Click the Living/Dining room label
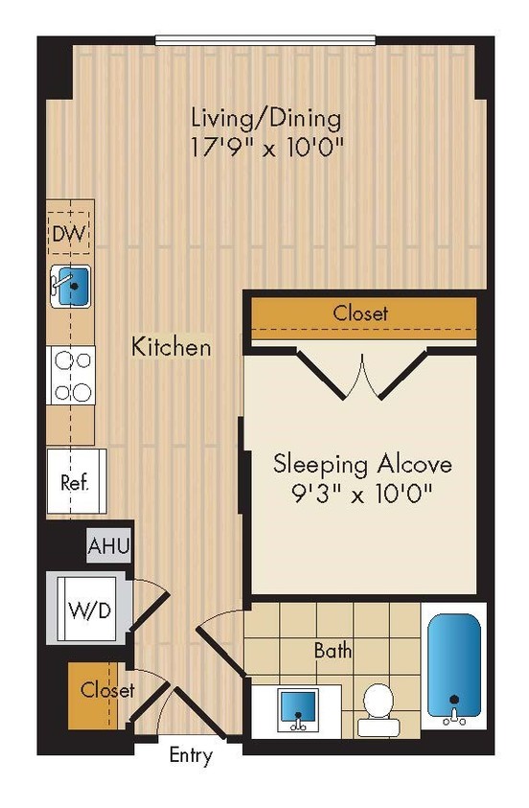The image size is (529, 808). (266, 119)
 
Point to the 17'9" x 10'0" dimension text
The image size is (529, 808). (266, 149)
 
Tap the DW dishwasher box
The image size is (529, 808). (71, 233)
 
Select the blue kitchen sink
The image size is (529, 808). (72, 286)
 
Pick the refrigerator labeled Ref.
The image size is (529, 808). (75, 481)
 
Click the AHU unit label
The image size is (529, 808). (109, 547)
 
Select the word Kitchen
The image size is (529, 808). (172, 346)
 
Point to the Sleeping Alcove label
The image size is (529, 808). (362, 464)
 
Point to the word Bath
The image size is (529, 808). (333, 651)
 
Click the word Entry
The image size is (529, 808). (191, 755)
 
